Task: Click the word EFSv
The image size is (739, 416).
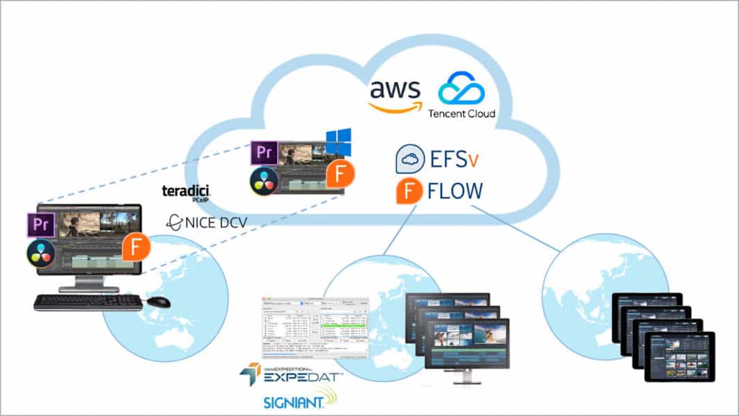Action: pyautogui.click(x=454, y=159)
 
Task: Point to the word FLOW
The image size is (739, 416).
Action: pyautogui.click(x=455, y=191)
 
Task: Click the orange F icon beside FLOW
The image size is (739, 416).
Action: pyautogui.click(x=409, y=191)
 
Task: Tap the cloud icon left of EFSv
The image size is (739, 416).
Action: pyautogui.click(x=410, y=159)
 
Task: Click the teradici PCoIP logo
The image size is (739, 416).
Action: pyautogui.click(x=186, y=191)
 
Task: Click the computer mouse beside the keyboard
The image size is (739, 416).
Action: pyautogui.click(x=159, y=302)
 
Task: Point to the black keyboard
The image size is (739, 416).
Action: pyautogui.click(x=88, y=302)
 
